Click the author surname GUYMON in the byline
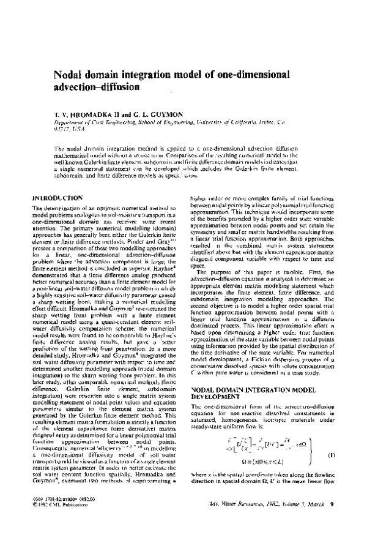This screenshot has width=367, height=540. [158, 114]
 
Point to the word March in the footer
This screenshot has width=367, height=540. [313, 521]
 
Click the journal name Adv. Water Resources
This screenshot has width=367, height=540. [225, 521]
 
